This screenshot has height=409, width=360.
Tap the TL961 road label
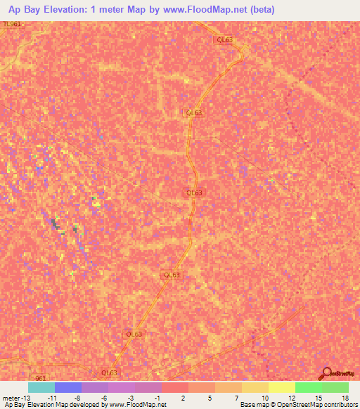(12, 24)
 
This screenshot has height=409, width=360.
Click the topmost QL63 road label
(224, 41)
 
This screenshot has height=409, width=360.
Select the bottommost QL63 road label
(109, 372)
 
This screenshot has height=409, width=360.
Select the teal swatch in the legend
(41, 387)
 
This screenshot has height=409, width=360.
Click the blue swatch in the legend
(68, 387)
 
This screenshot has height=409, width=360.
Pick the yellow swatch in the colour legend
(282, 387)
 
